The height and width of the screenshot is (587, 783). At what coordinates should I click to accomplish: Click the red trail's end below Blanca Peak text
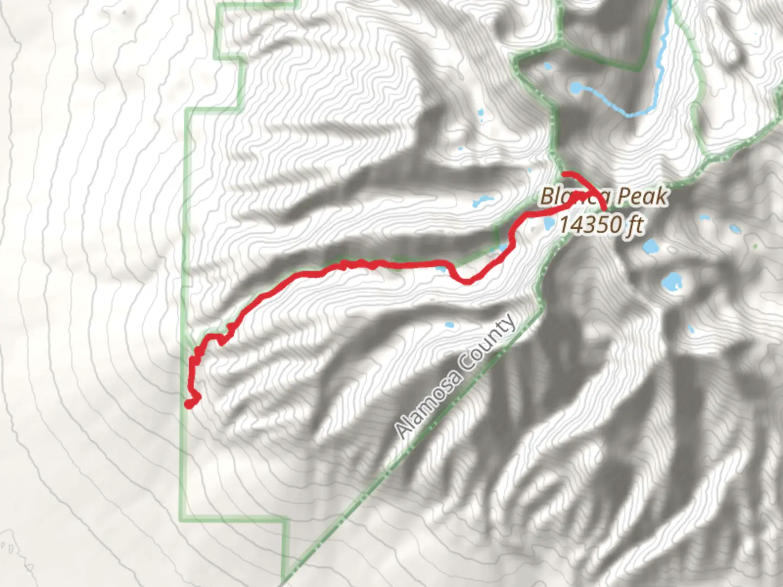[605, 208]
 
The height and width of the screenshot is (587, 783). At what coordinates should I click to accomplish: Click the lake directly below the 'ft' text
[650, 247]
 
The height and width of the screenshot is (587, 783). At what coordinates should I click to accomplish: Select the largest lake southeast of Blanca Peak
[672, 281]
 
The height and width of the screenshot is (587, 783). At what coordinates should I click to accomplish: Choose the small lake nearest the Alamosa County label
[449, 326]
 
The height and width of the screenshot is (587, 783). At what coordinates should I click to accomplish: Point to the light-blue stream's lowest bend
[631, 115]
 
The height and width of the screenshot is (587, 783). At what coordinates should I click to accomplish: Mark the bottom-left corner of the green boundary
[184, 513]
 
